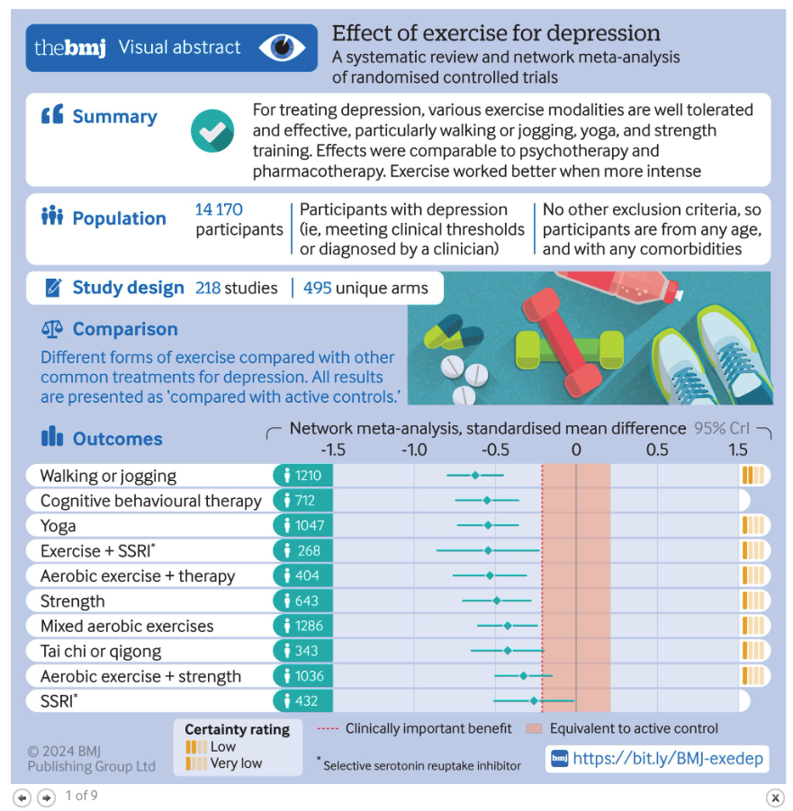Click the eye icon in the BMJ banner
tap(282, 47)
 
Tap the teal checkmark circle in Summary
tap(212, 131)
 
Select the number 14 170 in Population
tap(219, 209)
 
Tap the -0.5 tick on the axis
tap(494, 450)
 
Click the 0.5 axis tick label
tap(657, 450)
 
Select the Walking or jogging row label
tap(108, 476)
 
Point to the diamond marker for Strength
tap(496, 601)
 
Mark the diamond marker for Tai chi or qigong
tap(508, 650)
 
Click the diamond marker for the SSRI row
tap(534, 700)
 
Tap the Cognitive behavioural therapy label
tap(150, 501)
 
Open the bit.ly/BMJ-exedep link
tap(667, 759)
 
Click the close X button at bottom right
tap(774, 798)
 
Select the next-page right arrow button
tap(46, 798)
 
